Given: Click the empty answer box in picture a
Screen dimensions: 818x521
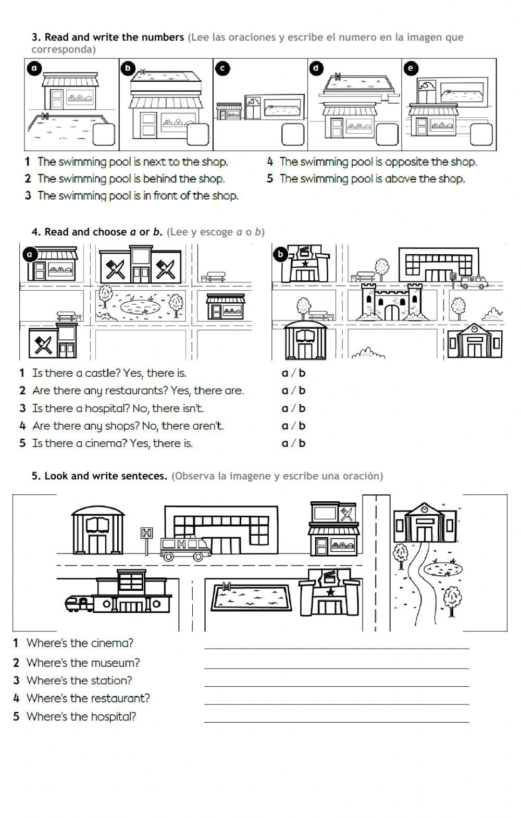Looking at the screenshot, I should coord(103,135).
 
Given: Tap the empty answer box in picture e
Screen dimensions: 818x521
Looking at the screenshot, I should coord(480,135).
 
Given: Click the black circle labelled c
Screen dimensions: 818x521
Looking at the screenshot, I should coord(222,68).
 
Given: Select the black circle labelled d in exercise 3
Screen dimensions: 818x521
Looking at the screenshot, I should coord(317,68).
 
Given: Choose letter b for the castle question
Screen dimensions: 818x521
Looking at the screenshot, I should coord(302,373).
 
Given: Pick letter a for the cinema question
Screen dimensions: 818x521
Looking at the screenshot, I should coord(284,443).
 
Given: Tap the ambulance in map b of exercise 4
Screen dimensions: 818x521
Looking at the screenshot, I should coord(474,282).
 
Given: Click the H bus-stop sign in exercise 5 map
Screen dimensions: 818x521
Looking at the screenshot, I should coord(147,533).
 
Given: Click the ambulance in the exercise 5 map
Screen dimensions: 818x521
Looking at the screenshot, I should coord(185,547).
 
